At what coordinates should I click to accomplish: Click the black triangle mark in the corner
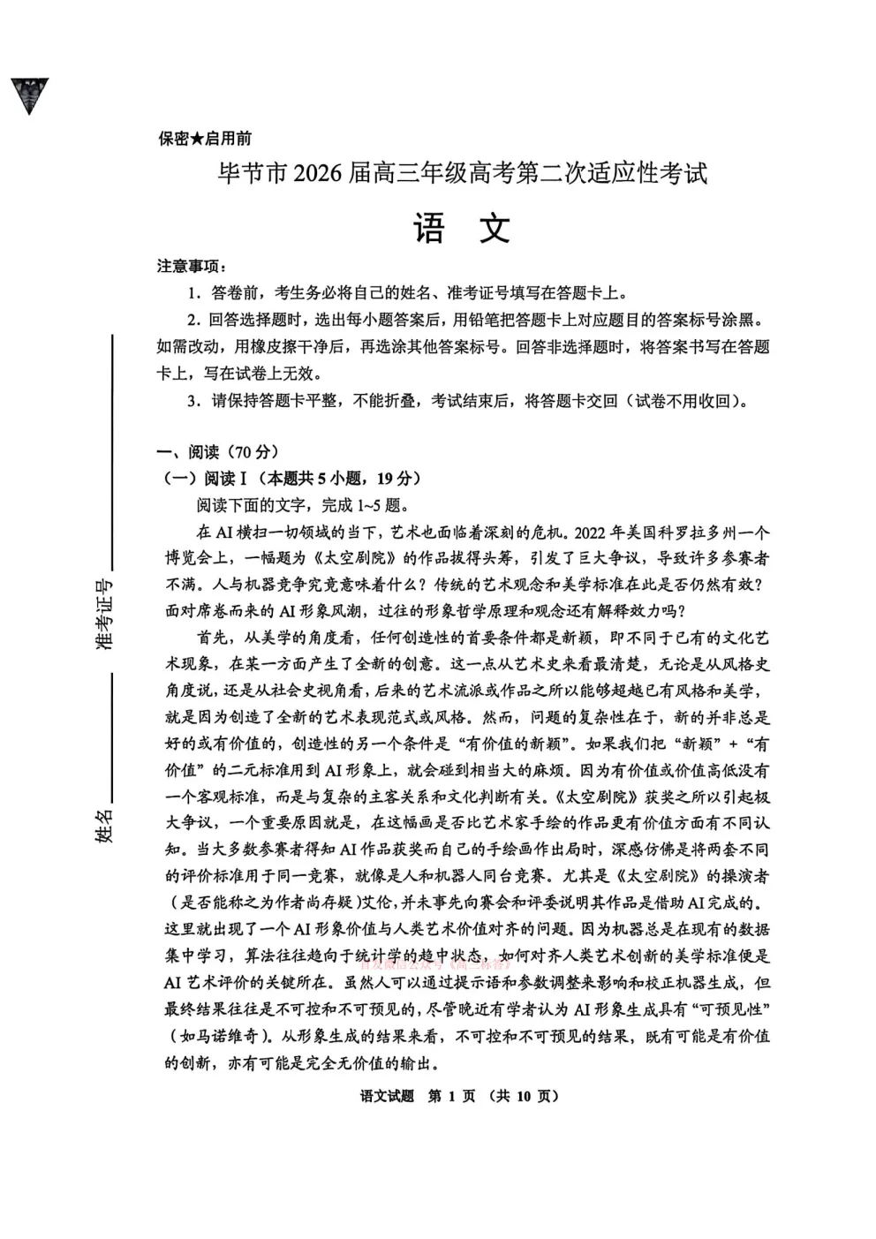click(x=29, y=94)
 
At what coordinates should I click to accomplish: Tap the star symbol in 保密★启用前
click(x=197, y=139)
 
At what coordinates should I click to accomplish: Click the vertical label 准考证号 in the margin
click(x=105, y=615)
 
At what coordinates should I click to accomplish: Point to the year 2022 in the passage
click(x=594, y=533)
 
